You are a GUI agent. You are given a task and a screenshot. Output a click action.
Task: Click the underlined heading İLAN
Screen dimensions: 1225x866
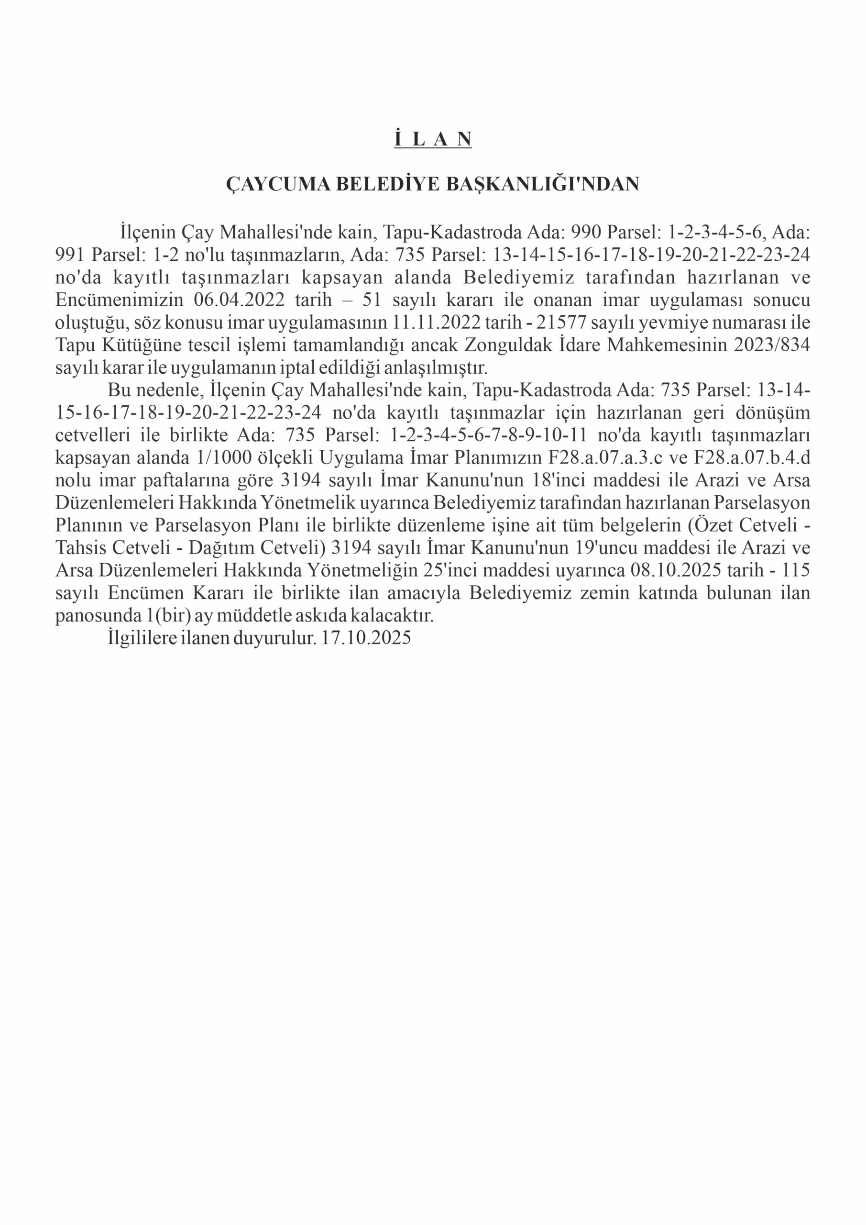click(433, 139)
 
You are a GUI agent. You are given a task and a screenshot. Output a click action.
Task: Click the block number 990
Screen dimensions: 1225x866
click(587, 233)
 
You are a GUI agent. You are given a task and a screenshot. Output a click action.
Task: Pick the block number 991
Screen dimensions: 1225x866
click(71, 255)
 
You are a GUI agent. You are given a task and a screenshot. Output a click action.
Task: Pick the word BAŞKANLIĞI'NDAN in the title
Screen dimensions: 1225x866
click(542, 184)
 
